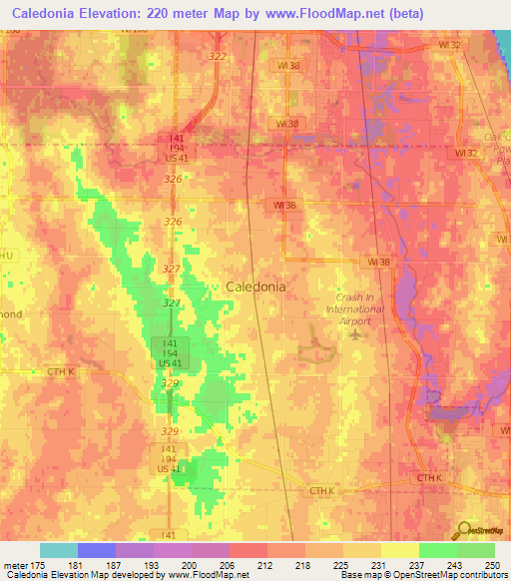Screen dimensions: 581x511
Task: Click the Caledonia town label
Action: tap(255, 287)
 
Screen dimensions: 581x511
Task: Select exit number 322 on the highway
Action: tap(218, 57)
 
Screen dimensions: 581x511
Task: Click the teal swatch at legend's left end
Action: tap(59, 550)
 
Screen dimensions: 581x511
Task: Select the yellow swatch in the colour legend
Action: tap(399, 550)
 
